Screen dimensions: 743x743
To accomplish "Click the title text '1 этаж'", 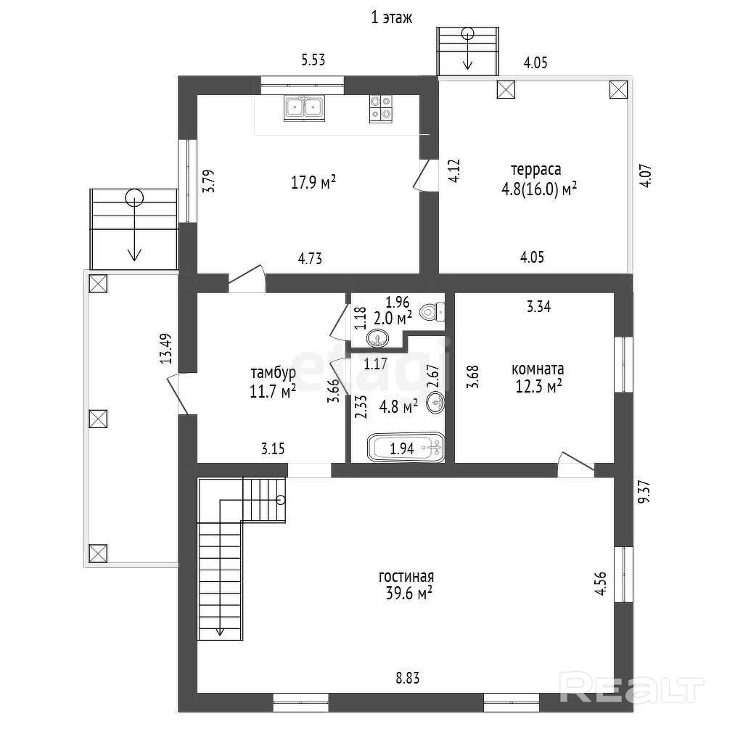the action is click(x=391, y=18).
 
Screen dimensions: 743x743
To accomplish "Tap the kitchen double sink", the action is click(x=305, y=109).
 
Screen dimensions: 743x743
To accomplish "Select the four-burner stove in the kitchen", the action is click(x=381, y=109).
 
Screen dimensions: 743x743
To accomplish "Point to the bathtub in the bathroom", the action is click(x=406, y=447).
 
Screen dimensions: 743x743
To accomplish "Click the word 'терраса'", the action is click(x=536, y=170).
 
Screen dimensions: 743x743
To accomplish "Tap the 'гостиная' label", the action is click(x=406, y=577).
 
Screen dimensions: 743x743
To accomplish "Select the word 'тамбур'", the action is click(x=273, y=374).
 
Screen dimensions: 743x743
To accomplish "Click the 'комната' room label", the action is click(x=538, y=369).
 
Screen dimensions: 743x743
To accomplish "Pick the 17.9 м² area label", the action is click(x=313, y=182).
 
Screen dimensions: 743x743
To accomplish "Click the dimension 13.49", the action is click(x=165, y=348).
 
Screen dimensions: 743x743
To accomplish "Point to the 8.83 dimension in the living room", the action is click(x=408, y=678).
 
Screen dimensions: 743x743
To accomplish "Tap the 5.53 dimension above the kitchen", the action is click(x=313, y=60).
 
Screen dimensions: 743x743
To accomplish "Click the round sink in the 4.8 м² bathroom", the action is click(x=435, y=403).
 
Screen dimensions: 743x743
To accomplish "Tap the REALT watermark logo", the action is click(x=632, y=688).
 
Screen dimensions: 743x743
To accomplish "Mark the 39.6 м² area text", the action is click(x=409, y=594).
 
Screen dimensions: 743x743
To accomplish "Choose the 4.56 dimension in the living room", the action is click(x=600, y=583).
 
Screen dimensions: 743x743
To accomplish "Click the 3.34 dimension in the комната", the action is click(x=539, y=307).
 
